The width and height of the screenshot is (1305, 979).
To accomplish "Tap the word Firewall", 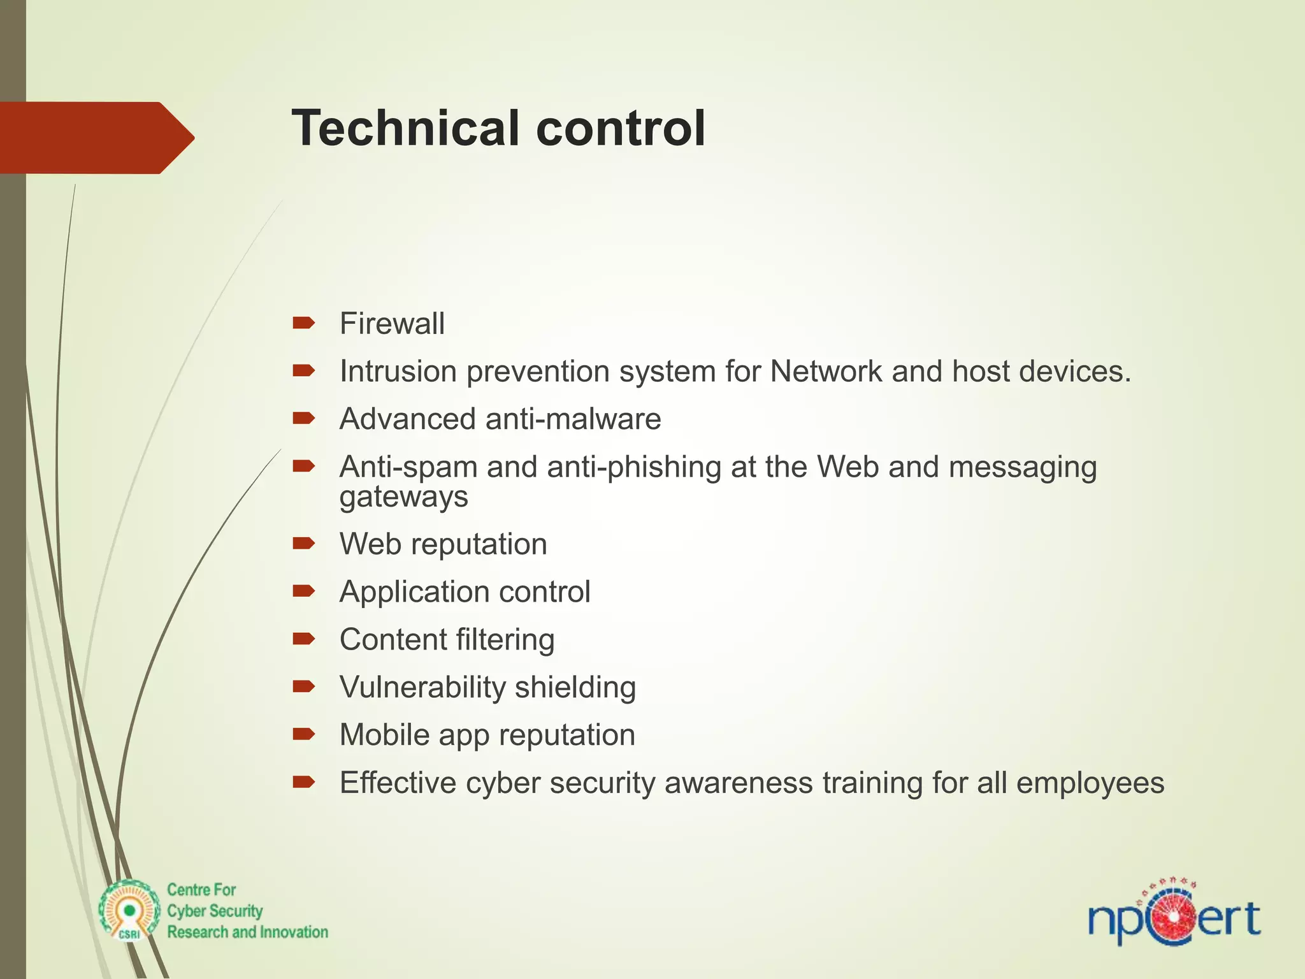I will [392, 324].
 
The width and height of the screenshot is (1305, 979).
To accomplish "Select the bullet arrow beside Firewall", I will [304, 323].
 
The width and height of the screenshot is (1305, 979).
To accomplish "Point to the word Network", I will [826, 372].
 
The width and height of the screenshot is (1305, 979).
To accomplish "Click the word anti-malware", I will [573, 419].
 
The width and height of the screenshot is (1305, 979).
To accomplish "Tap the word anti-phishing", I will [634, 467].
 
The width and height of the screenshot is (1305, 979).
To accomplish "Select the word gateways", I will [403, 497].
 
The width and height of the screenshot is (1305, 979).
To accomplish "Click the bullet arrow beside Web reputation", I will [304, 543].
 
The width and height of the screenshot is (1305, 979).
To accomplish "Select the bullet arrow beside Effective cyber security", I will [304, 782].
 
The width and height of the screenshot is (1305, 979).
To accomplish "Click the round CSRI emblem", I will [129, 910].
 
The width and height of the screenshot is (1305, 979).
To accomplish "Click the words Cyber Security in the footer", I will [215, 911].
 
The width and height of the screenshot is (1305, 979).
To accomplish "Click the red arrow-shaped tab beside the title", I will [96, 138].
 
